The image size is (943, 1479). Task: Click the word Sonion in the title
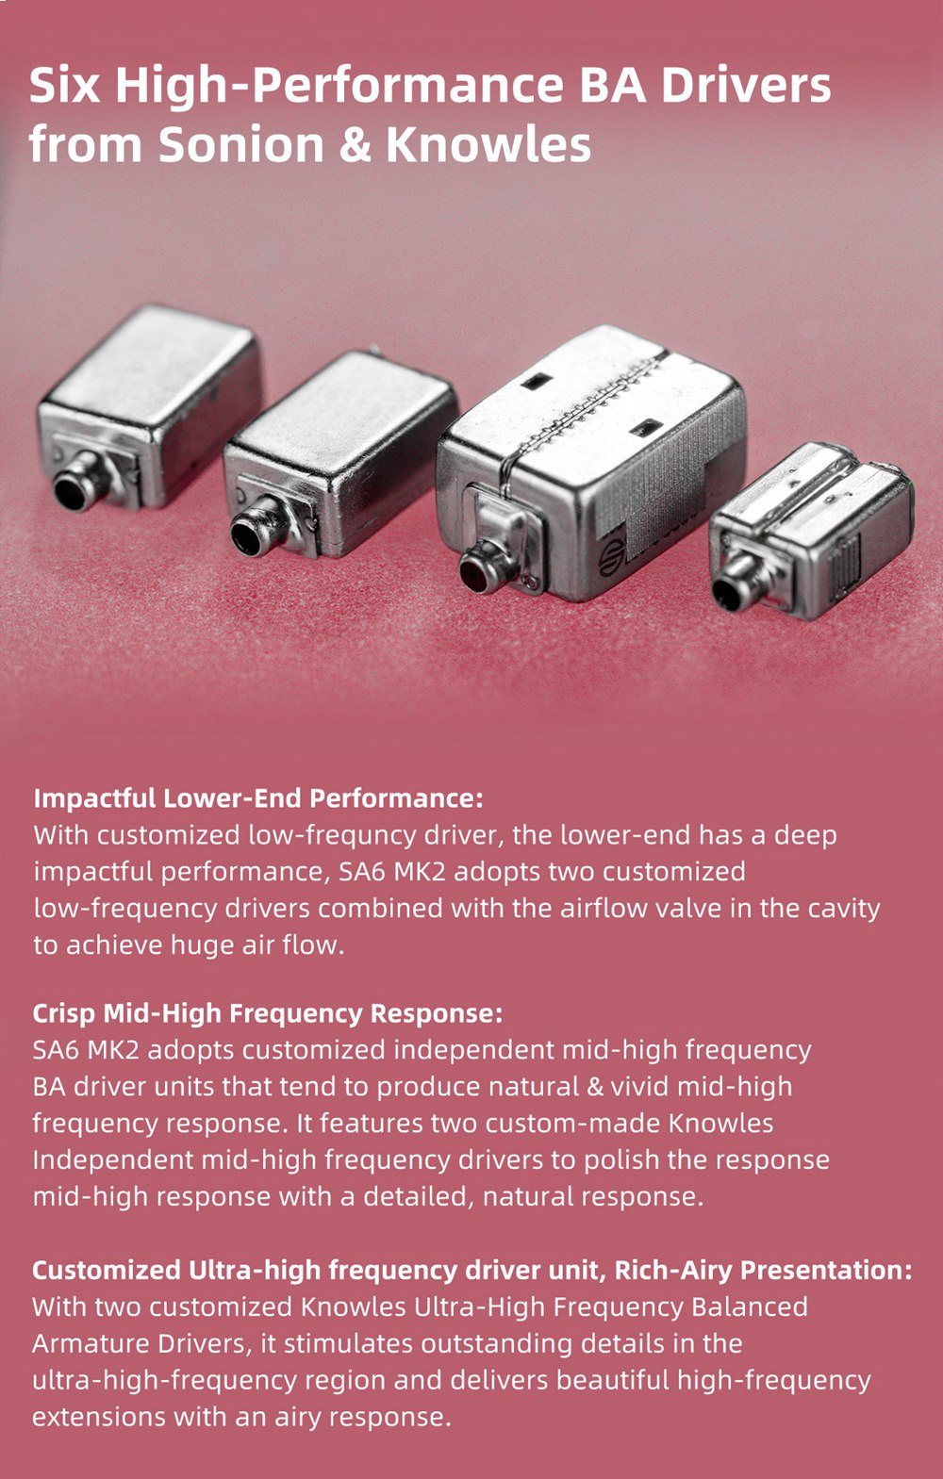[241, 144]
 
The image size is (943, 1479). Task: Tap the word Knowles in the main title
[488, 144]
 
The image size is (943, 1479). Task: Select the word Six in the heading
[64, 86]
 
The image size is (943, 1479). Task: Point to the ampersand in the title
[356, 145]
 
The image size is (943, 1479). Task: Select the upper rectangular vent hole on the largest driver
[536, 382]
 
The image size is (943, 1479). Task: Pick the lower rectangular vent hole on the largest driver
[646, 429]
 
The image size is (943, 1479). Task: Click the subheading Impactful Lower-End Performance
[258, 799]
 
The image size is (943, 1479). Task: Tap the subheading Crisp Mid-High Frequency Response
[268, 1013]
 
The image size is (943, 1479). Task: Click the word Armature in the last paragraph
[91, 1344]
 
